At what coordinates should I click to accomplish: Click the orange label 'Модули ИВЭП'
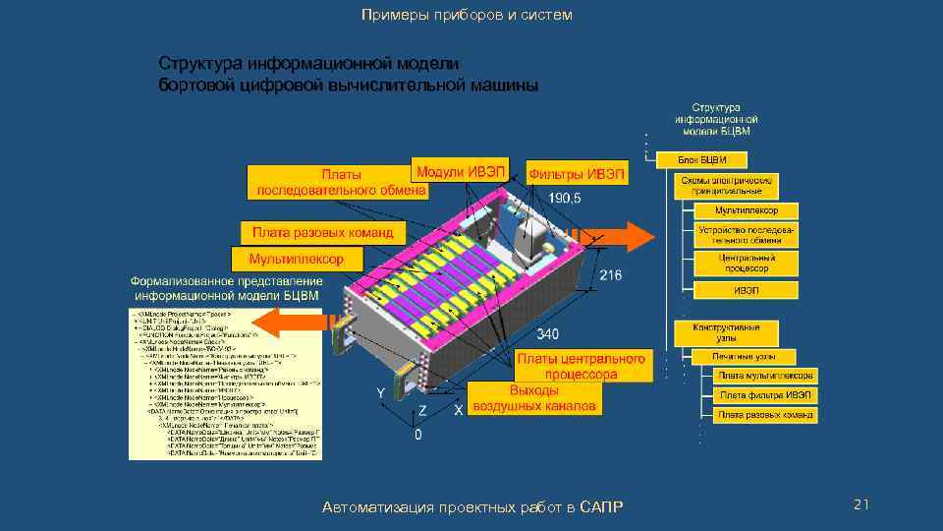[460, 170]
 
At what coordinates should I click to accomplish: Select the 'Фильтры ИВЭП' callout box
[577, 174]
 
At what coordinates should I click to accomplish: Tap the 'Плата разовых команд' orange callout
[322, 233]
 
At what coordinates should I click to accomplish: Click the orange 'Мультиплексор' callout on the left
[297, 259]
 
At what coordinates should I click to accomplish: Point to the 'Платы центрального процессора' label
[582, 366]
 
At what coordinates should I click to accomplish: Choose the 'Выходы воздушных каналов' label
[533, 398]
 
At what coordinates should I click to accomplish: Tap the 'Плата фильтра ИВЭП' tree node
[765, 395]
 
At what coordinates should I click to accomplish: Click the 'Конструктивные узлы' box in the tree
[726, 330]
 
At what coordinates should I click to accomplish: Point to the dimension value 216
[610, 275]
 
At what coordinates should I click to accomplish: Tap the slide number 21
[860, 504]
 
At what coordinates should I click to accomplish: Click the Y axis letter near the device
[379, 393]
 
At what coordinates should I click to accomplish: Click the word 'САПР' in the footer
[601, 506]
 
